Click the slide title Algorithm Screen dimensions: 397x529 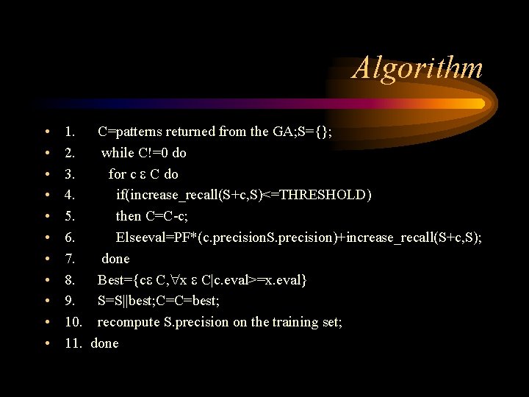point(418,68)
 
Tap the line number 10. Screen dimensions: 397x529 point(73,322)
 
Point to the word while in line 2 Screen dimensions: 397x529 point(118,153)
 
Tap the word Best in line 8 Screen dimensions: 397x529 point(112,280)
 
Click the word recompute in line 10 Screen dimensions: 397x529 point(129,323)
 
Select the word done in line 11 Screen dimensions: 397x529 point(104,343)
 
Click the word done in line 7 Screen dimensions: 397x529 point(115,259)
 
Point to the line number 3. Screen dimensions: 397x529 point(70,174)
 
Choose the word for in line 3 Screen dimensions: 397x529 point(118,174)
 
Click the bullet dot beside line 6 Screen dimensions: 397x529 point(46,237)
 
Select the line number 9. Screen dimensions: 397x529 point(70,301)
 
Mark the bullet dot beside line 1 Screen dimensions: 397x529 point(46,132)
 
